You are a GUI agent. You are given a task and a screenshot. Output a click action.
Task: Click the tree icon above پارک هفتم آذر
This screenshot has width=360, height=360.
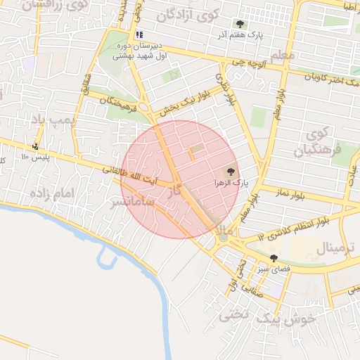240,24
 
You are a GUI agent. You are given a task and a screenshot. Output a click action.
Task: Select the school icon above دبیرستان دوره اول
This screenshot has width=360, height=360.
139,34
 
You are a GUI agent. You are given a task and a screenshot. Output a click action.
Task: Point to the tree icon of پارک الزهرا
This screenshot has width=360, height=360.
231,171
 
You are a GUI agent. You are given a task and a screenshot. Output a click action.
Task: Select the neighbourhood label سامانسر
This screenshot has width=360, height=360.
132,204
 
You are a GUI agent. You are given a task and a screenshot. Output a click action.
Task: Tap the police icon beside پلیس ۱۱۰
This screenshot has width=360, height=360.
35,146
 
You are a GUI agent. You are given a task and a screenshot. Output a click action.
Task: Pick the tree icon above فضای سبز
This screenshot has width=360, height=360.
274,258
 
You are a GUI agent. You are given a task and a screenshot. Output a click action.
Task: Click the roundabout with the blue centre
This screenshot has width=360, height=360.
223,237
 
